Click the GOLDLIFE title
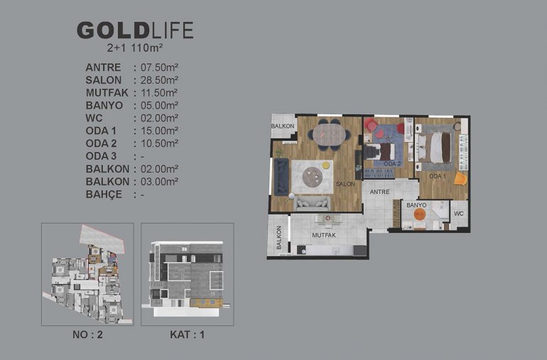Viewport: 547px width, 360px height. (x=135, y=31)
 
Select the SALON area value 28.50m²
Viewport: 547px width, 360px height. (x=159, y=80)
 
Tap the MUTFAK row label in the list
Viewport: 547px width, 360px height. (x=107, y=93)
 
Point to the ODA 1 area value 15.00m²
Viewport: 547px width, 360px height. (x=159, y=131)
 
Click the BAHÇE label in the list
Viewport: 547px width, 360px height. (x=104, y=195)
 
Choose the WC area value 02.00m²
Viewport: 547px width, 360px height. (x=159, y=118)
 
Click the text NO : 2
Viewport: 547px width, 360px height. (x=87, y=334)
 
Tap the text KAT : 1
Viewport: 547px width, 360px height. (x=188, y=334)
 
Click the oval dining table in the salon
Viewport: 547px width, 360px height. (x=329, y=134)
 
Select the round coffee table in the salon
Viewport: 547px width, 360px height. (x=313, y=177)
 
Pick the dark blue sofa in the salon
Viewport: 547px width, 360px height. (x=281, y=177)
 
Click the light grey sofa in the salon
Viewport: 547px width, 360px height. (x=312, y=203)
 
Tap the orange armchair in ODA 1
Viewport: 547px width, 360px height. (x=460, y=178)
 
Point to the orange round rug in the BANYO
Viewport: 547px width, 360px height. (x=419, y=214)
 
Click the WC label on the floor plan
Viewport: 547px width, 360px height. (x=459, y=214)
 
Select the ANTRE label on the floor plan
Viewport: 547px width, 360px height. (x=379, y=192)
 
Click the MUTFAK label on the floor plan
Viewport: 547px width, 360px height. (x=324, y=236)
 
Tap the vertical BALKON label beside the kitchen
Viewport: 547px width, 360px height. (x=278, y=238)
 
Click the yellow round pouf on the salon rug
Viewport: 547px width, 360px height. (x=326, y=165)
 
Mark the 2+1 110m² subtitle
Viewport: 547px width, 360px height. (x=135, y=48)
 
